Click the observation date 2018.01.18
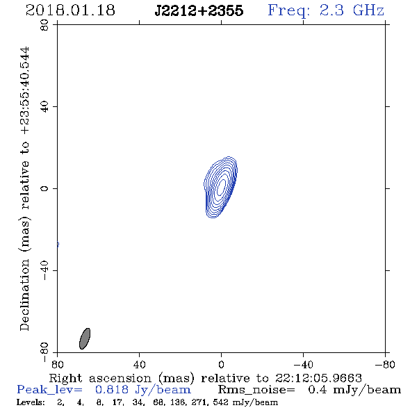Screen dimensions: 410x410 coord(70,10)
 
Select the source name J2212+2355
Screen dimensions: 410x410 coord(199,10)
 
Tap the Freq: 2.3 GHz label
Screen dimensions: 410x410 coord(326,10)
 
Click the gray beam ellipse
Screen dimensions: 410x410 coord(85,338)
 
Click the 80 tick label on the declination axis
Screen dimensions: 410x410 coord(44,25)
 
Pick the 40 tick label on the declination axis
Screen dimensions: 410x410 coord(44,107)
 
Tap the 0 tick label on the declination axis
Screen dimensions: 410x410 coord(44,188)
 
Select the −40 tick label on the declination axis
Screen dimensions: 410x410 coord(44,270)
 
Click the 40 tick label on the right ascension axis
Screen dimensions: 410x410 coord(140,364)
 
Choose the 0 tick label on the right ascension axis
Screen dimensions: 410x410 coord(221,364)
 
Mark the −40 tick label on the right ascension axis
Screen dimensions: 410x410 coord(303,364)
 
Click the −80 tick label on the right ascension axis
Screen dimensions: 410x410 coord(385,364)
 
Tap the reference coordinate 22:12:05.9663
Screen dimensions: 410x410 coord(318,378)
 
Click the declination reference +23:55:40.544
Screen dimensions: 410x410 coord(25,91)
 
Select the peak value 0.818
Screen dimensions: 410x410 coord(112,390)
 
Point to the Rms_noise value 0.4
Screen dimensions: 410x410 coord(318,390)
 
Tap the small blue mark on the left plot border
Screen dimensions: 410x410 coord(58,245)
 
